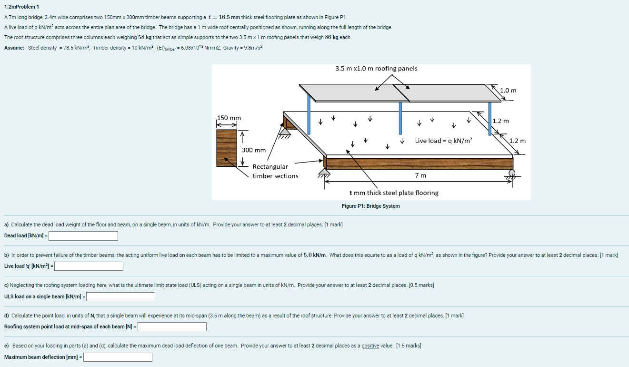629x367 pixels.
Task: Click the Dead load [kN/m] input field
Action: coord(83,236)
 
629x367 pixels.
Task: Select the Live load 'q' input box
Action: coord(89,266)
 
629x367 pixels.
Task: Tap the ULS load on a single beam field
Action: coord(120,297)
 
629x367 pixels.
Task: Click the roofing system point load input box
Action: coord(172,327)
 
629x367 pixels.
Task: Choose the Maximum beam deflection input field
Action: coord(118,357)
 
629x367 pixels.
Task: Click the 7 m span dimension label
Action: coord(420,175)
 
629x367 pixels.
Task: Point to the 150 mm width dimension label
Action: coord(229,118)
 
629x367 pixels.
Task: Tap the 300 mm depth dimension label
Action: coord(254,150)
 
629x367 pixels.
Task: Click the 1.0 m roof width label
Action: coord(508,90)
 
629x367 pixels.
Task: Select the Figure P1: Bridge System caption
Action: coord(371,206)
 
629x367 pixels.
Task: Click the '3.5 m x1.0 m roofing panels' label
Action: coord(376,69)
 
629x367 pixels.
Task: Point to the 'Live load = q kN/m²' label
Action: coord(443,141)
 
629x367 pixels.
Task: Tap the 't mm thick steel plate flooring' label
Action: coord(394,193)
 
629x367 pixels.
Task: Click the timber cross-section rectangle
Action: coord(227,148)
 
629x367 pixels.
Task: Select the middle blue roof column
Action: coord(400,118)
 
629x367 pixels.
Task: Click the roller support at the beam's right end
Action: coord(512,173)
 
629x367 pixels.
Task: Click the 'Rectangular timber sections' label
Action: coord(275,171)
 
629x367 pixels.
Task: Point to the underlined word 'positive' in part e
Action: coord(370,346)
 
